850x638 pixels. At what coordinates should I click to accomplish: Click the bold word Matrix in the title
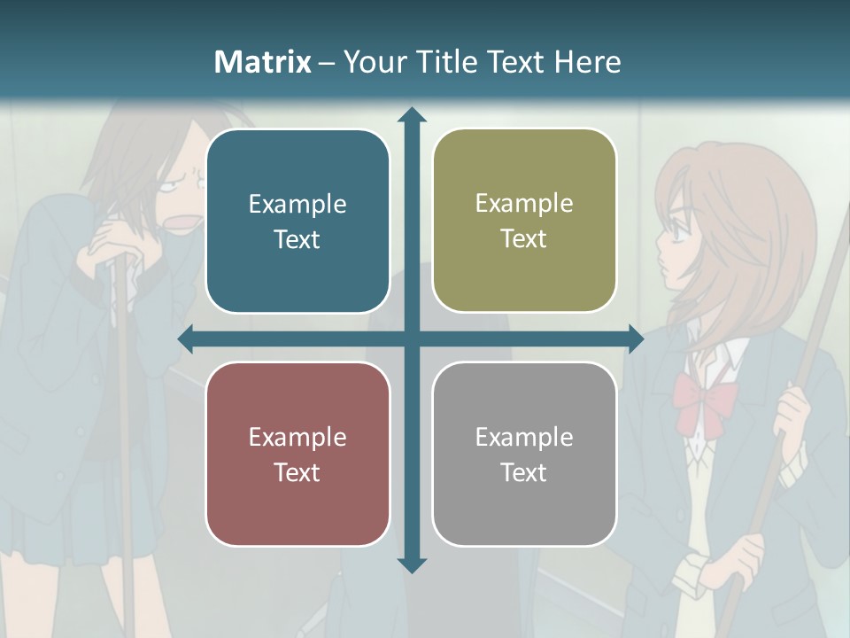(x=263, y=62)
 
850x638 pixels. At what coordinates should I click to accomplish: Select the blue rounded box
(x=297, y=221)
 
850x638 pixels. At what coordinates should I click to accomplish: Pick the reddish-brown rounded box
(x=297, y=454)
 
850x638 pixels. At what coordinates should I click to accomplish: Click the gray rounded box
(x=524, y=454)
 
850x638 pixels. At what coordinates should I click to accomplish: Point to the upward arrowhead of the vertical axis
(x=411, y=115)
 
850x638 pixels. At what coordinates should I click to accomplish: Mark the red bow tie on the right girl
(x=705, y=397)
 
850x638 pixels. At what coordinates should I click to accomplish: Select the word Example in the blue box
(x=297, y=204)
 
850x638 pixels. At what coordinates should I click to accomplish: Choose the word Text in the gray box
(x=524, y=472)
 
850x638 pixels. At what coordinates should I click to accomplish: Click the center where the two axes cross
(x=411, y=338)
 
